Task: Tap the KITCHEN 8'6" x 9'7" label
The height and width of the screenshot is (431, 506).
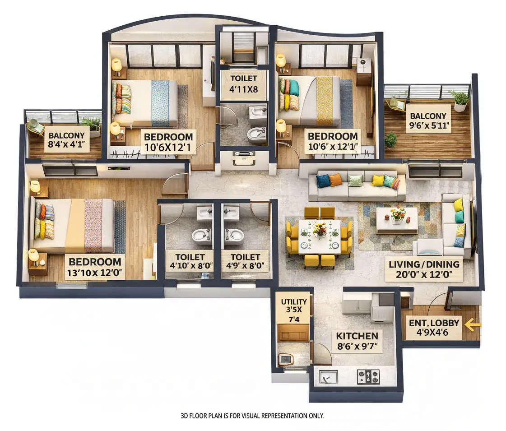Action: point(357,341)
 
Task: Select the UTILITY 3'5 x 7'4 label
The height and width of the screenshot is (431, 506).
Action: point(294,310)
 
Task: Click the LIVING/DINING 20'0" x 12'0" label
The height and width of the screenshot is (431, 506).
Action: point(424,269)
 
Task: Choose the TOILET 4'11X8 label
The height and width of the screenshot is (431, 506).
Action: point(243,84)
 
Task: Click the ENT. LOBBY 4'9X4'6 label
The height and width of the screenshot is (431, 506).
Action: point(434,328)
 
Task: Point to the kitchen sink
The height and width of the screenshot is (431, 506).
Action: point(328,376)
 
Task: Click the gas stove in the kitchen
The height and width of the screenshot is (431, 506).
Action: point(368,376)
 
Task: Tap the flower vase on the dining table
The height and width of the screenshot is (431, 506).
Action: point(320,229)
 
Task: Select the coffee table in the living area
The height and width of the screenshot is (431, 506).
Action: point(397,220)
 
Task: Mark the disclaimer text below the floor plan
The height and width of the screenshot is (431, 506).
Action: point(252,416)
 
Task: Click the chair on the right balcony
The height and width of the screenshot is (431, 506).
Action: point(395,104)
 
